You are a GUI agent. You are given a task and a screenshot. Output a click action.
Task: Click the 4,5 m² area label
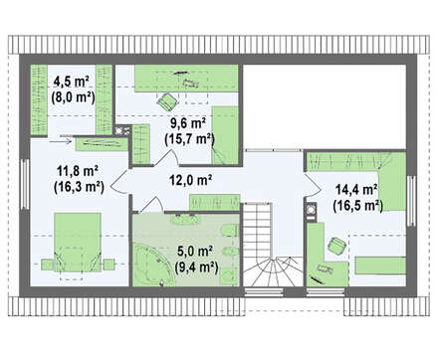(72, 82)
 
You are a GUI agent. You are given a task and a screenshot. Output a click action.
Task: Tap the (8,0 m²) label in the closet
(73, 97)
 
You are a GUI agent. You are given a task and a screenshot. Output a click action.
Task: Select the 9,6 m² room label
(188, 123)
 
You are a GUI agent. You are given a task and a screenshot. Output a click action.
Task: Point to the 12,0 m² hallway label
(191, 180)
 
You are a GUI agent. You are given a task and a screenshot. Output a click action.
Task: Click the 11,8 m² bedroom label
(78, 171)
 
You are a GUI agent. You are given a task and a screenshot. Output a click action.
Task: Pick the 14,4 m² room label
(356, 190)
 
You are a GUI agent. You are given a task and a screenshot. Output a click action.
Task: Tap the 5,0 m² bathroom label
(195, 252)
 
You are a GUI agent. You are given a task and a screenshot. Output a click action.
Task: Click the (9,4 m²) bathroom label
(196, 267)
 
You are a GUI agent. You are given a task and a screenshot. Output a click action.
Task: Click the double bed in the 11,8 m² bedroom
(78, 243)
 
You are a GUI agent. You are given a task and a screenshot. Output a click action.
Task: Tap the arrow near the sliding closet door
(61, 142)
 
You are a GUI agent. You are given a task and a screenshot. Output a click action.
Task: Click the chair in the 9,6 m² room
(167, 100)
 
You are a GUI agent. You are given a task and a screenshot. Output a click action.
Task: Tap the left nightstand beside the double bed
(48, 265)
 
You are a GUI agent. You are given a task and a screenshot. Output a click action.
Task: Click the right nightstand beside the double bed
(109, 265)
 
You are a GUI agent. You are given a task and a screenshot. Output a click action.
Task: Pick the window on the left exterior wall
(25, 184)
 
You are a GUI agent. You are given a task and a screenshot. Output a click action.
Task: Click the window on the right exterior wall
(411, 201)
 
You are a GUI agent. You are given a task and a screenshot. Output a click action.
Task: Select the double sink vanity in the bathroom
(185, 219)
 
